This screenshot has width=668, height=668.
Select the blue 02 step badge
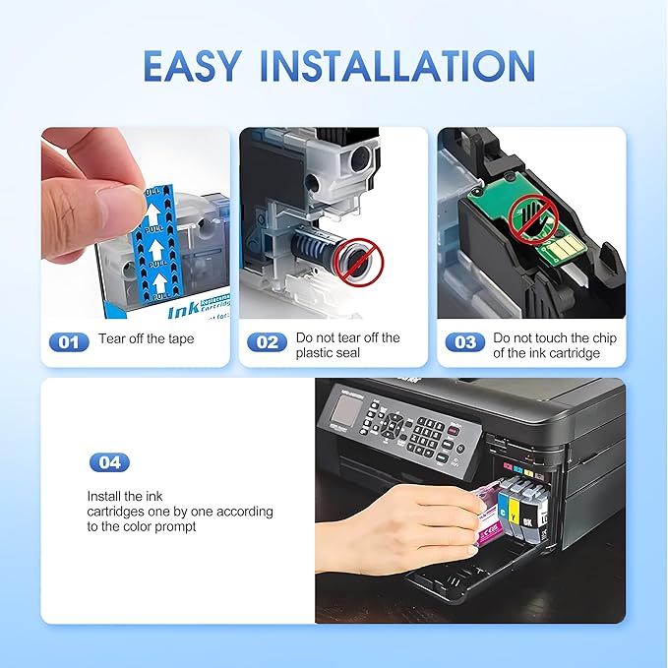click(x=266, y=342)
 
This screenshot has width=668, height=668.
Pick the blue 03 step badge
click(x=464, y=342)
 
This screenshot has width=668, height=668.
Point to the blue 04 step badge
click(x=109, y=462)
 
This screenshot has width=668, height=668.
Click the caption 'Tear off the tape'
click(x=147, y=339)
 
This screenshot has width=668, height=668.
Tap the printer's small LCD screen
click(x=346, y=404)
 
